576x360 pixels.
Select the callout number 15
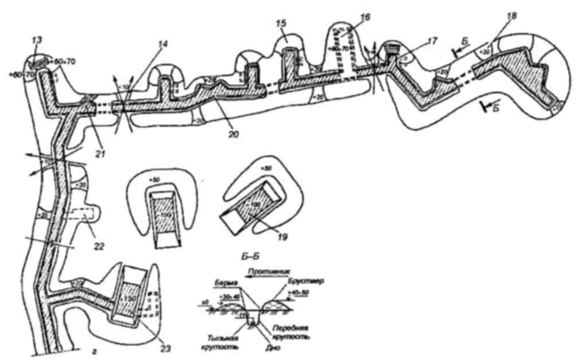[x=283, y=22]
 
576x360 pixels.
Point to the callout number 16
[x=364, y=19]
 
